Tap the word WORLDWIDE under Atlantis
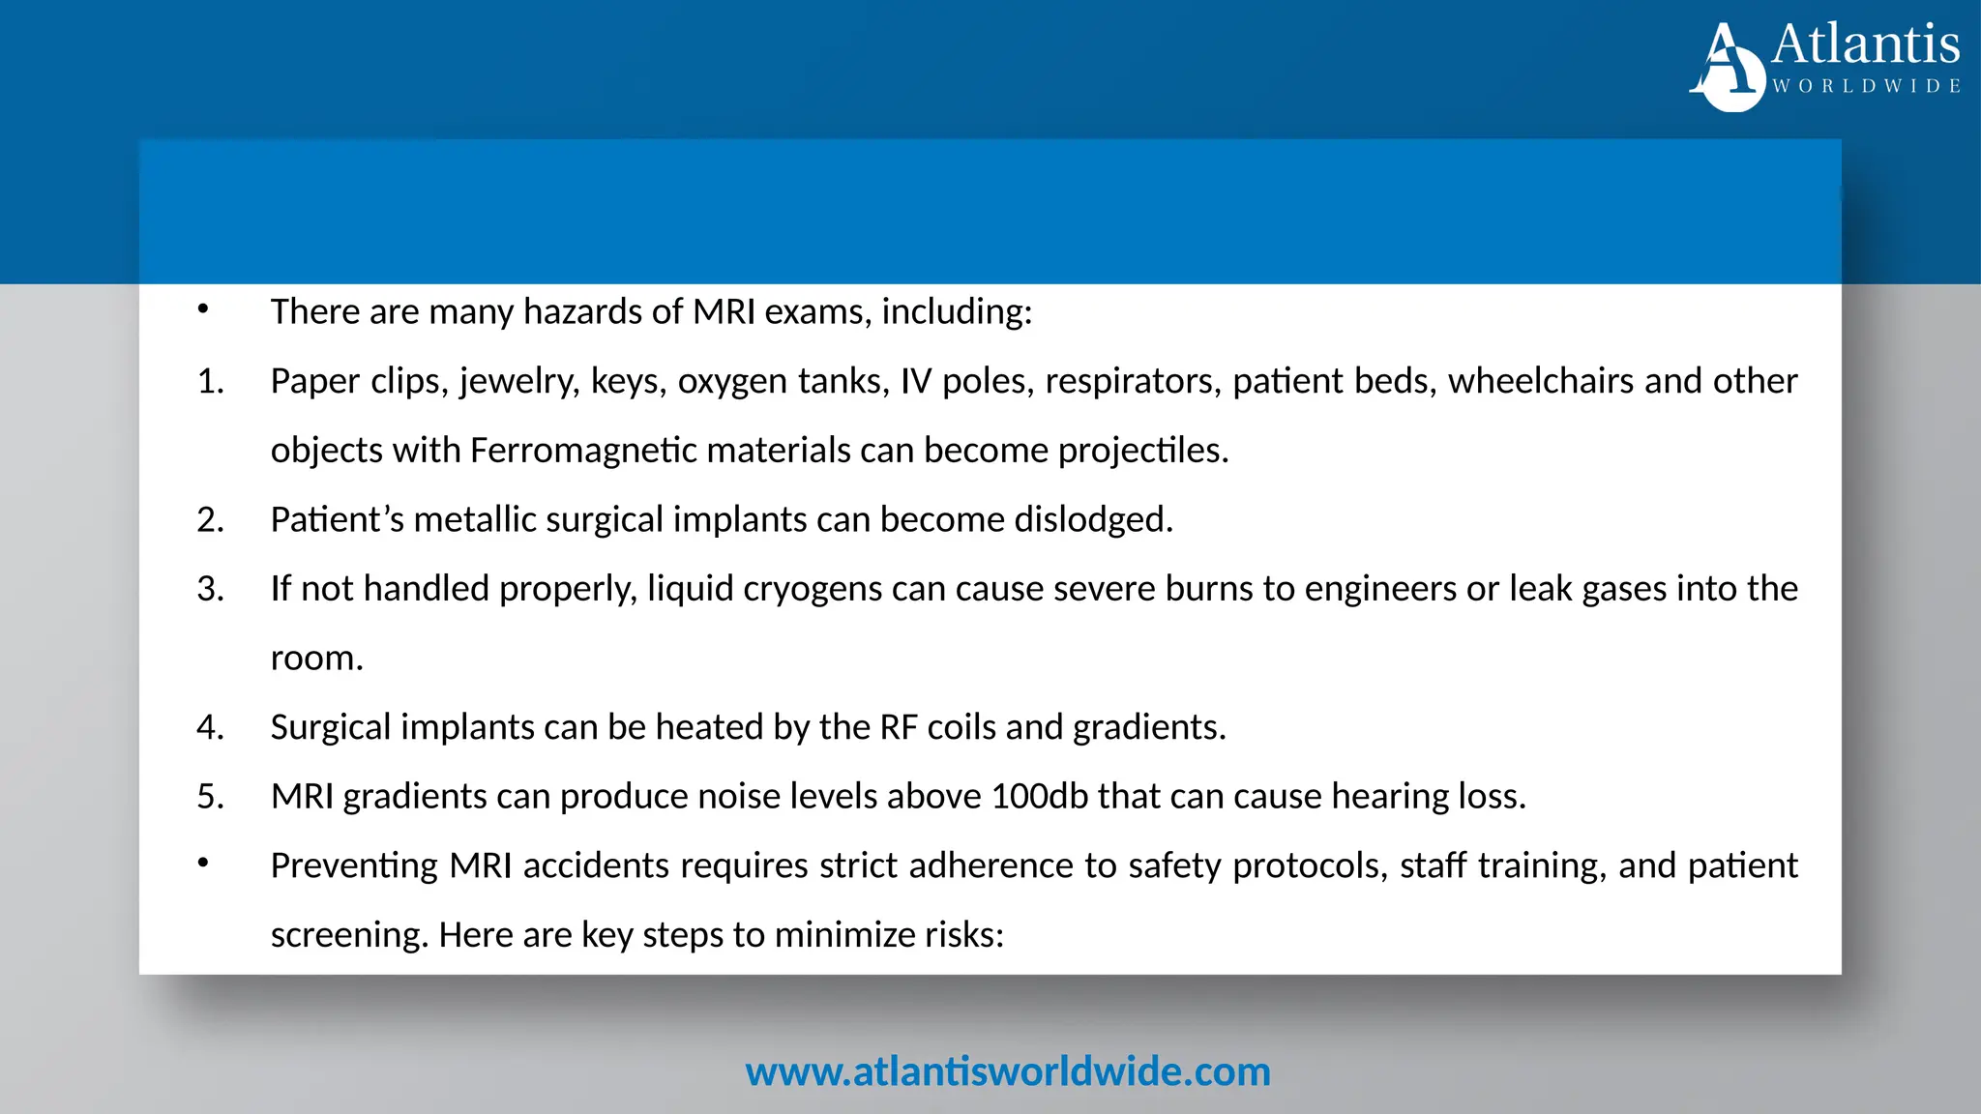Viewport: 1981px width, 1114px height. pyautogui.click(x=1866, y=86)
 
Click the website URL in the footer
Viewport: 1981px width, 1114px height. pyautogui.click(x=1007, y=1071)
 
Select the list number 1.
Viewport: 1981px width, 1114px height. pyautogui.click(x=210, y=382)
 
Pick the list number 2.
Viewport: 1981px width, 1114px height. pyautogui.click(x=210, y=520)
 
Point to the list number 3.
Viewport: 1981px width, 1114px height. pyautogui.click(x=210, y=589)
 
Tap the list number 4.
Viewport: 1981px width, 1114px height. pyautogui.click(x=210, y=727)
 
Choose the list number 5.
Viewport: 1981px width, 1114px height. pyautogui.click(x=210, y=797)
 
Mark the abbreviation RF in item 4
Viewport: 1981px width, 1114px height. pyautogui.click(x=899, y=727)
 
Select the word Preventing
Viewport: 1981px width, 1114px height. pyautogui.click(x=354, y=865)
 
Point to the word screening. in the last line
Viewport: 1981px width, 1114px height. pyautogui.click(x=349, y=935)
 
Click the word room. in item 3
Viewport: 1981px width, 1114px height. pyautogui.click(x=316, y=659)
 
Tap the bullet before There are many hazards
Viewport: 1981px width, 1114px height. pyautogui.click(x=203, y=309)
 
